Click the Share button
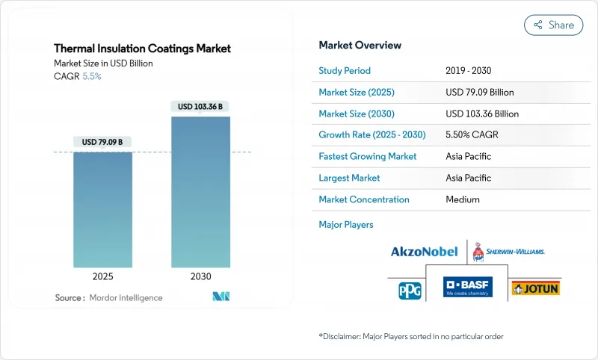pos(553,25)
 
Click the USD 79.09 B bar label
pos(102,142)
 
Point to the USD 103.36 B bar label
pos(200,107)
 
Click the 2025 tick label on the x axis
pos(102,276)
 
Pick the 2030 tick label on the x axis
pos(200,276)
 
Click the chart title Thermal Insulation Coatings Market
pos(142,49)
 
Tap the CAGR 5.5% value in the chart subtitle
pos(91,76)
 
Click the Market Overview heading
pos(360,46)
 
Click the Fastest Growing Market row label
pos(367,157)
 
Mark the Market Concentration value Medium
pos(462,199)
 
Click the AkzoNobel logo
pos(424,252)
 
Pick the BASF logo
pos(468,288)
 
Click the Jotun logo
pos(535,288)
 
